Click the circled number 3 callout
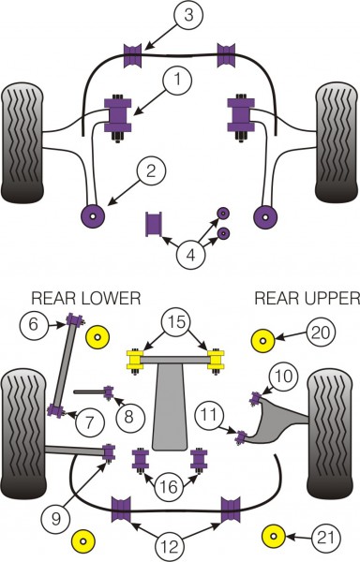click(188, 15)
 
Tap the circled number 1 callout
click(178, 80)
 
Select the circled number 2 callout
click(151, 171)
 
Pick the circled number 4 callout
click(191, 256)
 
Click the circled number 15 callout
click(176, 322)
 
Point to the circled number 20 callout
click(321, 333)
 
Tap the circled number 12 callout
click(170, 547)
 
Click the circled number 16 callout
click(169, 487)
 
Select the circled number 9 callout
click(55, 519)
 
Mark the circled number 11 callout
click(209, 415)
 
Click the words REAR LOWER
click(86, 298)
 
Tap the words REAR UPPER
click(307, 298)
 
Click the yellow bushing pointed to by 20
click(262, 341)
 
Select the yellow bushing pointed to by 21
click(274, 536)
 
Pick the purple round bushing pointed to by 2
click(93, 216)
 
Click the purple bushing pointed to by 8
click(109, 392)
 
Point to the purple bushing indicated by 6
click(75, 319)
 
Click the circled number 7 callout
click(90, 421)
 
